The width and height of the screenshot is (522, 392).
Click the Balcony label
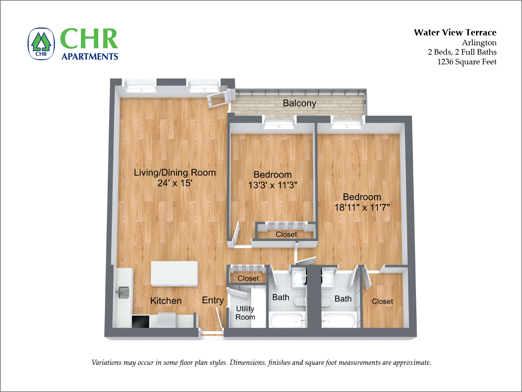click(299, 103)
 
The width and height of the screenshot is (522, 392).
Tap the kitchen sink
click(123, 292)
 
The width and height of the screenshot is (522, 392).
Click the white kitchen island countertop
click(174, 273)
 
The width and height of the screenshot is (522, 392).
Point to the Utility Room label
click(245, 313)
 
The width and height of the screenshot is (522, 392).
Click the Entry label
click(213, 300)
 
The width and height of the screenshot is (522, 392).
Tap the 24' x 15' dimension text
click(174, 183)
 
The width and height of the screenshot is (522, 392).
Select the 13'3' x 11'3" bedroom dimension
click(273, 185)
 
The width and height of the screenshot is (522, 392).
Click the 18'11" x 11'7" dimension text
click(362, 208)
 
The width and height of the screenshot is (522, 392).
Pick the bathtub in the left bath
click(287, 320)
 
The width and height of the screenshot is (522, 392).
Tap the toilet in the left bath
click(300, 302)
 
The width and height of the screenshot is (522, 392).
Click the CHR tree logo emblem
click(41, 44)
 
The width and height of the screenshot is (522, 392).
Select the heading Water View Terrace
click(455, 33)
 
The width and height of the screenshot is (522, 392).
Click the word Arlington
click(479, 43)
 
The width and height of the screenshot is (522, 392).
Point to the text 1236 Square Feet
click(466, 62)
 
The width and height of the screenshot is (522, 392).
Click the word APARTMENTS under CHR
click(90, 57)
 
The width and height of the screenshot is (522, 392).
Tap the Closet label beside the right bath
click(382, 302)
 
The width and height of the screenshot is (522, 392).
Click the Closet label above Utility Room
click(248, 278)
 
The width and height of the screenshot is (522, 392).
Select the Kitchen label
click(166, 301)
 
